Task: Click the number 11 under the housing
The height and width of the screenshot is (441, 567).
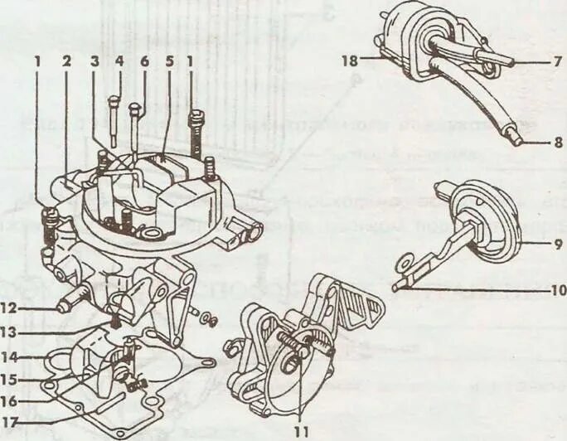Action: point(303,430)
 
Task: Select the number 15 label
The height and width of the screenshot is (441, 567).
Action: point(15,380)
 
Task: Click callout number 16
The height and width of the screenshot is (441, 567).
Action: point(15,401)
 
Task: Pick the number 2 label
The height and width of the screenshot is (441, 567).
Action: point(65,60)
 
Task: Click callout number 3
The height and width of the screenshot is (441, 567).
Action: point(94,60)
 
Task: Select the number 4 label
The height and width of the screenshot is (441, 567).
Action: point(119,60)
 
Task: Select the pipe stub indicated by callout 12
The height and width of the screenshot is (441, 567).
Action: point(66,299)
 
